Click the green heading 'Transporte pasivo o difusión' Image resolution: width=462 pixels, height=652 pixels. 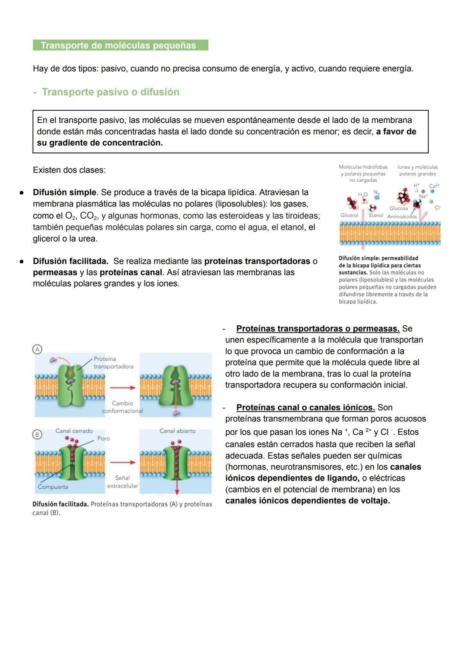click(x=110, y=92)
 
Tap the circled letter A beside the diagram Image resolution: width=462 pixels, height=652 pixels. click(x=38, y=349)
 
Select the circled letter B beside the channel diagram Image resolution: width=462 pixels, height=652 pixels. click(x=37, y=434)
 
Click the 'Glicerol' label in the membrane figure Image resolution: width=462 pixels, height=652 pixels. click(x=349, y=215)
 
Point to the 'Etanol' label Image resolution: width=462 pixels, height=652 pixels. click(x=376, y=215)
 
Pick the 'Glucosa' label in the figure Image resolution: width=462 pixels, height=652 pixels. click(x=398, y=209)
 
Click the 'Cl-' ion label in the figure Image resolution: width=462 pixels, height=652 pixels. click(x=438, y=208)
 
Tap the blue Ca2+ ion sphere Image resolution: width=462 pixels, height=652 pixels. click(x=432, y=192)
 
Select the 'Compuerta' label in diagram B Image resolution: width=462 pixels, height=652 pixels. click(x=53, y=487)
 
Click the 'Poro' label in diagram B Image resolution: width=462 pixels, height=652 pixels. click(x=104, y=439)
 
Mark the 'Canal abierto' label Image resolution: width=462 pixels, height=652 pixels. click(x=178, y=431)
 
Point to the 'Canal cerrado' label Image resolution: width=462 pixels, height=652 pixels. click(x=74, y=431)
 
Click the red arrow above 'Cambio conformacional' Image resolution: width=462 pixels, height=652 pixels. click(x=122, y=388)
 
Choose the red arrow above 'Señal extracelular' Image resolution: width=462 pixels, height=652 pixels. click(x=122, y=463)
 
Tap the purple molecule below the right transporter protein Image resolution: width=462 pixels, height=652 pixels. click(x=176, y=413)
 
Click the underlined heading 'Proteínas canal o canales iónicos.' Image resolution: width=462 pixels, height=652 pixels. click(x=305, y=407)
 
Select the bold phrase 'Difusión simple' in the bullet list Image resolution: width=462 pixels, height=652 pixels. click(x=64, y=192)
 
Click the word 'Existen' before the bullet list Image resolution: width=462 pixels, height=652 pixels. click(x=47, y=170)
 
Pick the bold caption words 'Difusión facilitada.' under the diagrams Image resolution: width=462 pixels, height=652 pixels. click(x=60, y=504)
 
